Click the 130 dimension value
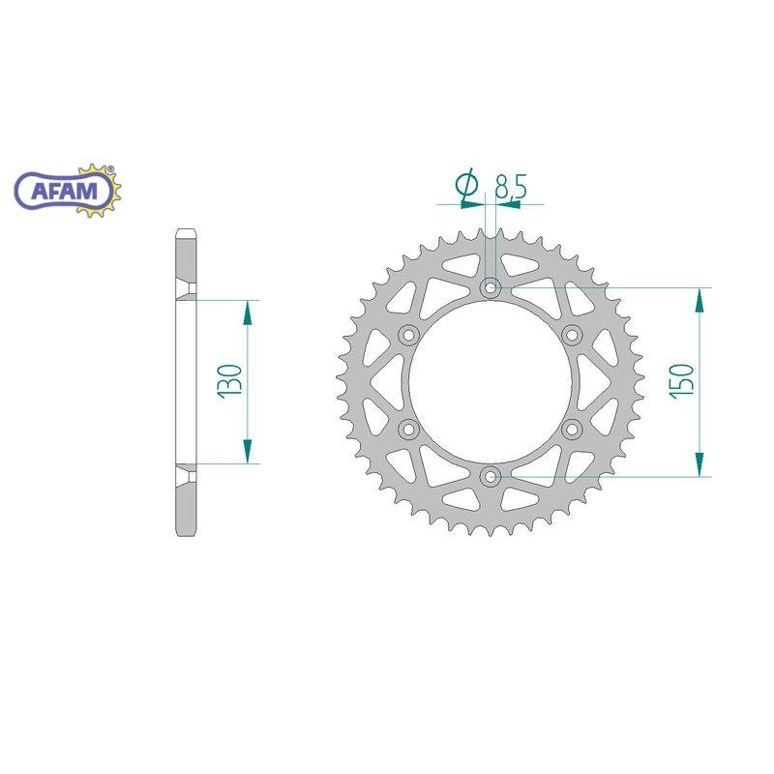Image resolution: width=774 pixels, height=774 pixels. [x=229, y=381]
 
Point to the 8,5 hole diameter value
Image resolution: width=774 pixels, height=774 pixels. [x=510, y=187]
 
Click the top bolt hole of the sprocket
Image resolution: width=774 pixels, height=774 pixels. [x=491, y=287]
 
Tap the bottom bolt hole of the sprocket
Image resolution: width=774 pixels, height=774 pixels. [x=491, y=475]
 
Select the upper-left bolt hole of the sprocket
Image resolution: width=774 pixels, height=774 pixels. [x=407, y=335]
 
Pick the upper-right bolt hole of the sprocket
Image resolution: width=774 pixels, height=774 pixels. [x=573, y=335]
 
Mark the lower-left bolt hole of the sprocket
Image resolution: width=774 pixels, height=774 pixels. [x=407, y=428]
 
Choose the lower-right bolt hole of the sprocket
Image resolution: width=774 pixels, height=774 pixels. [x=573, y=428]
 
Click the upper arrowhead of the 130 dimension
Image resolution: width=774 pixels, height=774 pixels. [x=248, y=311]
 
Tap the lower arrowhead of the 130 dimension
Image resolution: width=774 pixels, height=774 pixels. [x=248, y=452]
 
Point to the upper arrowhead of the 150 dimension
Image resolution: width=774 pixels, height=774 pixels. [x=699, y=299]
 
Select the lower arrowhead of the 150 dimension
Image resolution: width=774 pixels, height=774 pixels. [x=699, y=464]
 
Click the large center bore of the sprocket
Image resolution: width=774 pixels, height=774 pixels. [x=491, y=381]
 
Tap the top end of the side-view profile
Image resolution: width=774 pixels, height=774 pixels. [x=187, y=232]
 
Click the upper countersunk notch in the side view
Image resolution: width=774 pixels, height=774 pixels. [x=186, y=291]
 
